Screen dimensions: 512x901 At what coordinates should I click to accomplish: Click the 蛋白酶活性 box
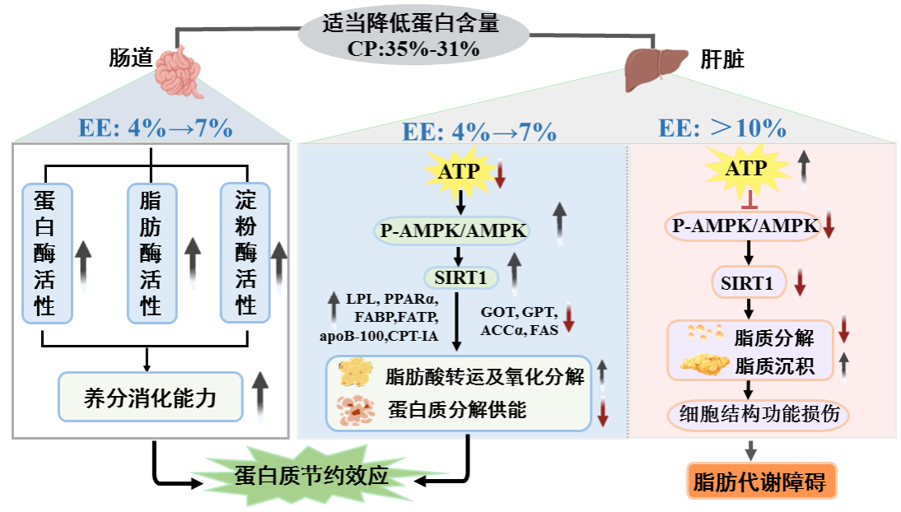coord(46,252)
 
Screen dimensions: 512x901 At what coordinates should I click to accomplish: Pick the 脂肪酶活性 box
coord(150,252)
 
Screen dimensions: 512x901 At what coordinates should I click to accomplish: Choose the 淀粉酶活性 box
coord(245,252)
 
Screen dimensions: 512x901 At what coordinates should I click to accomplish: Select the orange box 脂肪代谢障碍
coord(762,482)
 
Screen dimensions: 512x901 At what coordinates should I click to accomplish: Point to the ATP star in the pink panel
coord(745,169)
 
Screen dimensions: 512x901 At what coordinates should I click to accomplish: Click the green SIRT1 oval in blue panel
coord(462,277)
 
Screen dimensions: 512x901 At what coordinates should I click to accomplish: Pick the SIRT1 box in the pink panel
coord(748,284)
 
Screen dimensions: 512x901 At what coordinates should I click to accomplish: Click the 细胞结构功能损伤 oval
coord(758,413)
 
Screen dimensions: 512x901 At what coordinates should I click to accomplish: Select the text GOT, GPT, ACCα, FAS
coord(520,321)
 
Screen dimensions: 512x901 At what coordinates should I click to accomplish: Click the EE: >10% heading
coord(722,128)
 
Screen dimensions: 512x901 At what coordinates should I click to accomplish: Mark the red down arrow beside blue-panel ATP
coord(499,174)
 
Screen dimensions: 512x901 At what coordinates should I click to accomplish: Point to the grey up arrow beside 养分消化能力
coord(260,394)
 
